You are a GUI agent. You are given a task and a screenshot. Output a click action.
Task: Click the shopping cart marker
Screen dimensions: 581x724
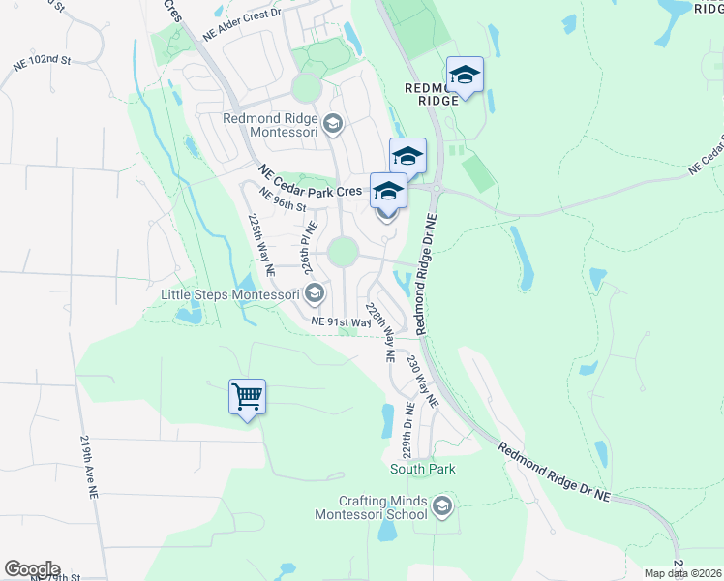tap(247, 395)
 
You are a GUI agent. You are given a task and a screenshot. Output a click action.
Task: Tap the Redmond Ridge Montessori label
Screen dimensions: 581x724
tap(271, 124)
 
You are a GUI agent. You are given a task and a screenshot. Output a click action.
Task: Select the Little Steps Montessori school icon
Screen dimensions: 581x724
tap(315, 292)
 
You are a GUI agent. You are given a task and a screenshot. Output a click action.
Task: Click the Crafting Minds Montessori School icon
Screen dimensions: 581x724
tap(442, 506)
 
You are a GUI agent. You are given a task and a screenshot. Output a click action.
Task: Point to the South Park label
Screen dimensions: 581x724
tap(423, 469)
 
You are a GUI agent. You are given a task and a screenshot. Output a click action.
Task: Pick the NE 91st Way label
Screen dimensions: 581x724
tap(342, 321)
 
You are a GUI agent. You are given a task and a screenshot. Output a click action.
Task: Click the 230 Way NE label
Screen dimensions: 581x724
tap(423, 381)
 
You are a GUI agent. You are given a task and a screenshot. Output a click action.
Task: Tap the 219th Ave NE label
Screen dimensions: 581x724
tap(91, 466)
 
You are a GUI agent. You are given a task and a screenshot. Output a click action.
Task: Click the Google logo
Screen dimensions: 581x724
tap(32, 569)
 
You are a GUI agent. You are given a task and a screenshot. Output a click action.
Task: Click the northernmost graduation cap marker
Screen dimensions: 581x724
tap(465, 75)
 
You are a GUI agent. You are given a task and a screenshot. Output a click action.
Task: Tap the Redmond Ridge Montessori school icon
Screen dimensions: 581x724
tap(333, 123)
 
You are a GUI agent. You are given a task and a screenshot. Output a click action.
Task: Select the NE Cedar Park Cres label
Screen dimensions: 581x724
tap(310, 181)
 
